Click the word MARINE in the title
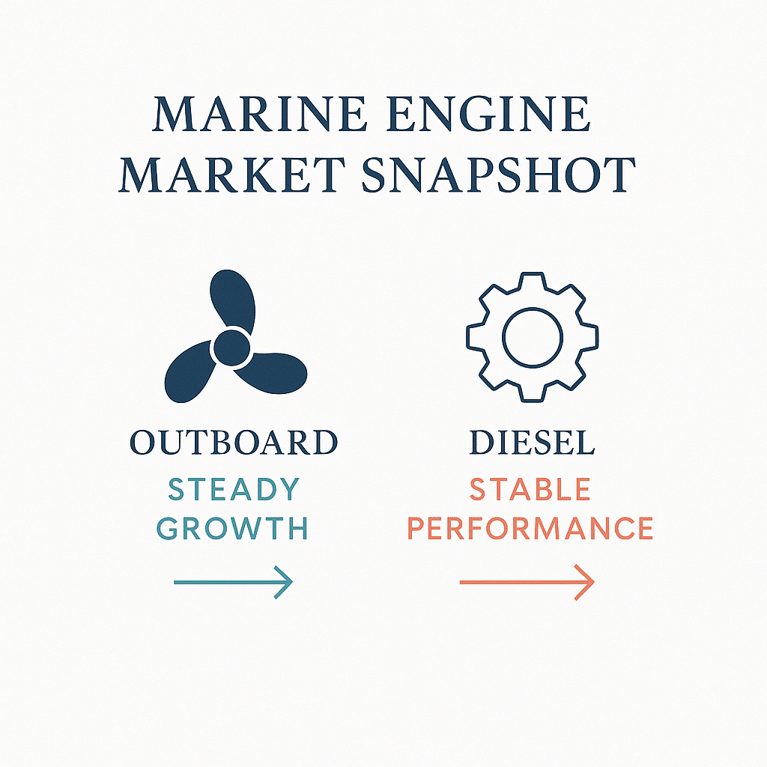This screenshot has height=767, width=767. (x=260, y=115)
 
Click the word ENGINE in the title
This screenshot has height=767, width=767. (x=488, y=115)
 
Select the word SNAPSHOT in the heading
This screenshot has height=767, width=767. (x=498, y=175)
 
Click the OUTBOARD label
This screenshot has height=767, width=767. (x=234, y=443)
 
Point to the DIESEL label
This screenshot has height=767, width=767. (x=532, y=443)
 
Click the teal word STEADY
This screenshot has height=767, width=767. (x=234, y=489)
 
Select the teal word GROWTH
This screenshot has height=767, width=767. (x=232, y=528)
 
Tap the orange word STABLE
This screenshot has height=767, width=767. (x=530, y=489)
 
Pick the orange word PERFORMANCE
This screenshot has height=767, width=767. (x=530, y=528)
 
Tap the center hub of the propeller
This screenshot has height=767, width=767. (x=232, y=348)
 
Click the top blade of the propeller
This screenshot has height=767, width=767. (x=233, y=300)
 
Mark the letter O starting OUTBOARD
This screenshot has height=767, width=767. (x=142, y=443)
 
